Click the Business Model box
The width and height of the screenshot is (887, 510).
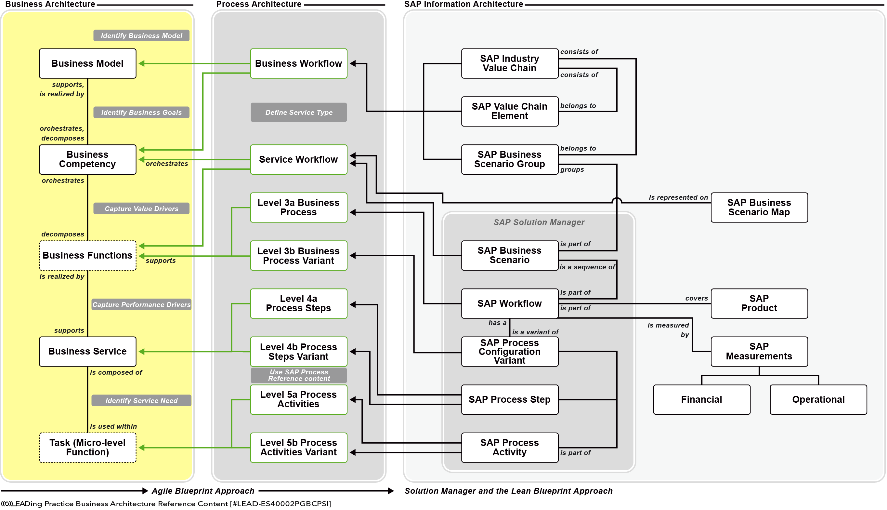click(87, 63)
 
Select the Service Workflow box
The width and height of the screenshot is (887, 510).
click(299, 159)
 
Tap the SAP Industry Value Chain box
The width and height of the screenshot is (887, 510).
click(510, 63)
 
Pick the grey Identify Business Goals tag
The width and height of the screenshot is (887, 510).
click(141, 113)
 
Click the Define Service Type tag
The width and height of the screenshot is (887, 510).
click(299, 113)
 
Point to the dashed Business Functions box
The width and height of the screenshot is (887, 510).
click(87, 255)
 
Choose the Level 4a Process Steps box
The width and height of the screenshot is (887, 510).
click(299, 303)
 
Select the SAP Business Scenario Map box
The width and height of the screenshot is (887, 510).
click(759, 208)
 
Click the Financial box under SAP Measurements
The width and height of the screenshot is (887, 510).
click(701, 399)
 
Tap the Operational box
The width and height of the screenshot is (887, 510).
click(818, 399)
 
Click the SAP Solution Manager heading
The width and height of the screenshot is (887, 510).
click(539, 222)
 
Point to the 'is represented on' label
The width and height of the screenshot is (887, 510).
click(678, 197)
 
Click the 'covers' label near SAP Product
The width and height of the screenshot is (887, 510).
click(697, 298)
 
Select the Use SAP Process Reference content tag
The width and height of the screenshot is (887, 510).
click(299, 375)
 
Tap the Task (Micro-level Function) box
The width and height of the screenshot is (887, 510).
click(87, 447)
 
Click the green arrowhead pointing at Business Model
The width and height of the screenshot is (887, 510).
click(141, 63)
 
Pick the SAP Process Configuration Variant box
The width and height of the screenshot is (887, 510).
click(510, 351)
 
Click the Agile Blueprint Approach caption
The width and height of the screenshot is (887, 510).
click(203, 491)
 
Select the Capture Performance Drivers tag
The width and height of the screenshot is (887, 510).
click(141, 304)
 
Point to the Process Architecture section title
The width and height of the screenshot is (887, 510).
click(259, 4)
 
